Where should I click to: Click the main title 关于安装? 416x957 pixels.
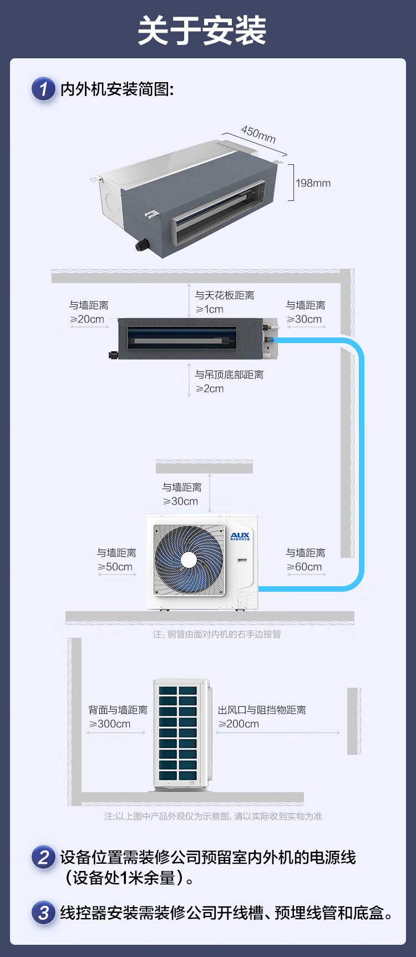pos(202,31)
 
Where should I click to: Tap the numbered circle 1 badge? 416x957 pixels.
pos(43,89)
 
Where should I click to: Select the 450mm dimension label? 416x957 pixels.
pos(258,134)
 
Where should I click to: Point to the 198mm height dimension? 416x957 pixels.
pos(313,183)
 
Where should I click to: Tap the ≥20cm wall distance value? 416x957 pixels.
pos(87,319)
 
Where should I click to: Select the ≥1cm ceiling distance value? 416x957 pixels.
pos(210,309)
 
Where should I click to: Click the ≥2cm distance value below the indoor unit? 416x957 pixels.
pos(210,389)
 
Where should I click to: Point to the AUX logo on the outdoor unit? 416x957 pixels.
pos(240,536)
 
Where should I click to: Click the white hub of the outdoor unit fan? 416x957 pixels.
pos(189,560)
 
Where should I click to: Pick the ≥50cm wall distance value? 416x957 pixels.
pos(115,567)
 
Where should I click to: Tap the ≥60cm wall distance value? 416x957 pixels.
pos(305,567)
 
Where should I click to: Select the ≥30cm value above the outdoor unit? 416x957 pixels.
pos(181,501)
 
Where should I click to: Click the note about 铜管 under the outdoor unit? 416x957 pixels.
pos(217,634)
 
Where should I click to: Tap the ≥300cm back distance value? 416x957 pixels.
pos(110,724)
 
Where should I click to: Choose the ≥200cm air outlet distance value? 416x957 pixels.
pos(239,724)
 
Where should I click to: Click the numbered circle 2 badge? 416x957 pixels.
pos(43,857)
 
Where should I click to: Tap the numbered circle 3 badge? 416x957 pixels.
pos(43,913)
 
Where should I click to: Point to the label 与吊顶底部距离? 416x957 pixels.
pos(229,375)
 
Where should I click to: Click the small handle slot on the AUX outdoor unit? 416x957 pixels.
pos(242,560)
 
